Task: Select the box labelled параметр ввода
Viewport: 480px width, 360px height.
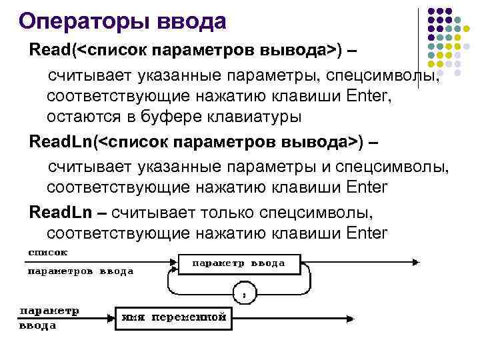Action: coord(239,264)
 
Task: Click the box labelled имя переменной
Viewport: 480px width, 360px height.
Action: coord(173,317)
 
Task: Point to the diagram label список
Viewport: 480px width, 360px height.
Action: coord(47,253)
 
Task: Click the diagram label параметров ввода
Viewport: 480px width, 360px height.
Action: coord(80,271)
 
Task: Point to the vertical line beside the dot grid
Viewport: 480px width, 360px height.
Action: coord(419,47)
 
